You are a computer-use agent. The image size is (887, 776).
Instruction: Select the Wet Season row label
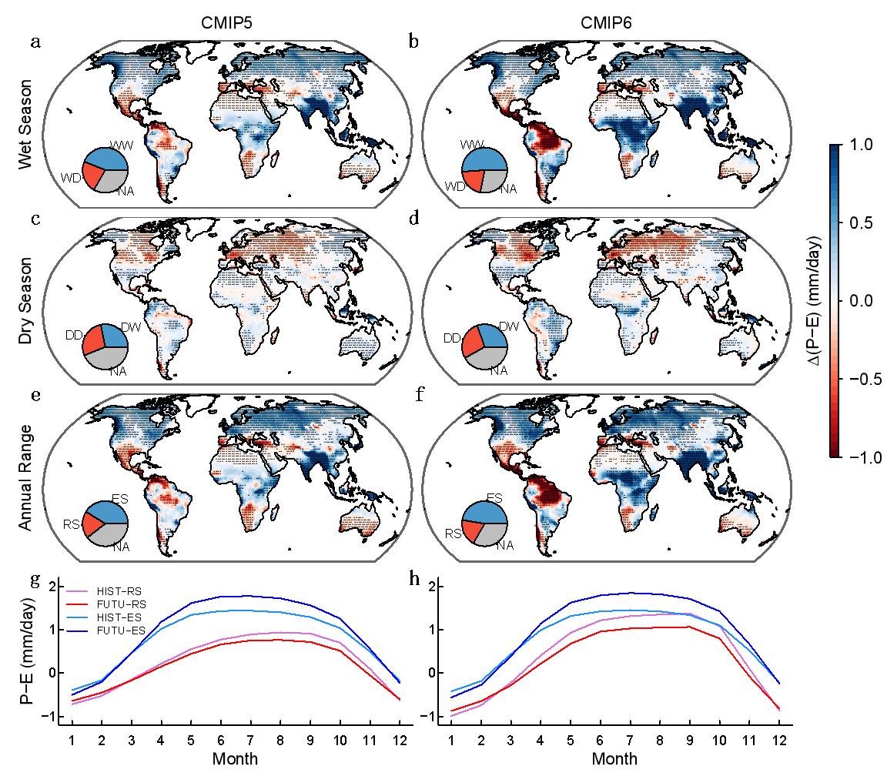coord(25,134)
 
